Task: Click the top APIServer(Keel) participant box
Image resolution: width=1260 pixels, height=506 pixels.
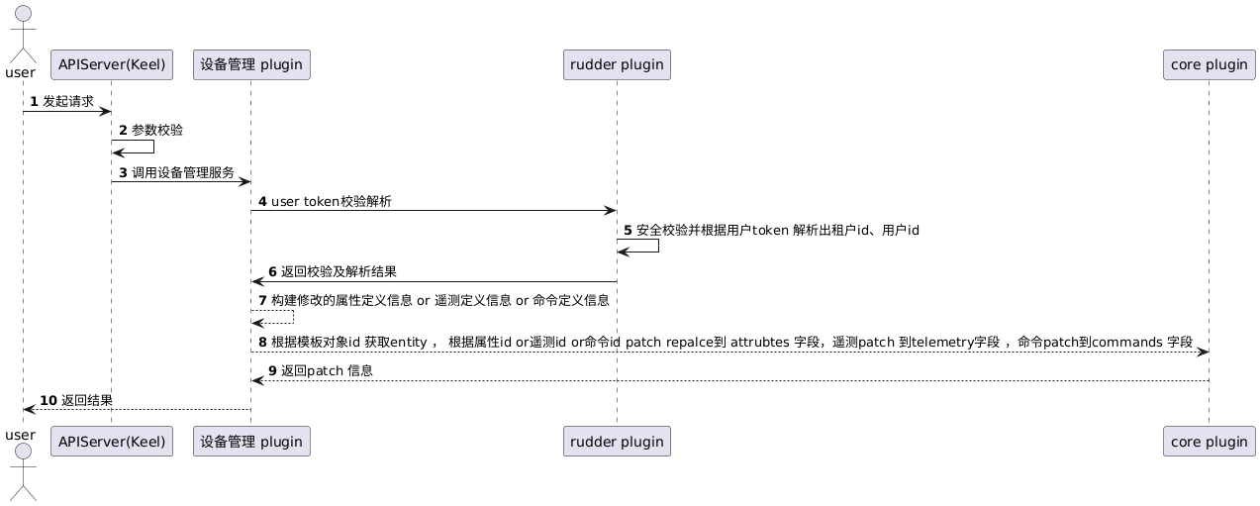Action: point(111,65)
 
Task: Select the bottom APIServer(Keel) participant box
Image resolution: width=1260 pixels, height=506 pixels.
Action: point(111,441)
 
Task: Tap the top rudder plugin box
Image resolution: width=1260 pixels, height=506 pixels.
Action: point(617,65)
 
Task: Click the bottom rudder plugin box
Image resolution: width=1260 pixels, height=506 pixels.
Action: point(617,441)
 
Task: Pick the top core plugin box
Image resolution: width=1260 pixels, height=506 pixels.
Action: point(1209,65)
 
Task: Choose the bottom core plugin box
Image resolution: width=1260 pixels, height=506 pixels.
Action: point(1209,441)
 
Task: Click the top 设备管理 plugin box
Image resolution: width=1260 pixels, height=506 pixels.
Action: point(251,65)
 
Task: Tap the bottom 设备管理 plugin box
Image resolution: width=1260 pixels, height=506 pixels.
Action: point(251,441)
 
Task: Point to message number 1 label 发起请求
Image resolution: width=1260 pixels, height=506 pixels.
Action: point(68,101)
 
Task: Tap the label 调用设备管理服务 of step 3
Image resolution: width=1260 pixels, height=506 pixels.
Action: point(183,171)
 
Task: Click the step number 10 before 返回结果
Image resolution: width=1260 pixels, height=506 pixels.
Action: point(48,400)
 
